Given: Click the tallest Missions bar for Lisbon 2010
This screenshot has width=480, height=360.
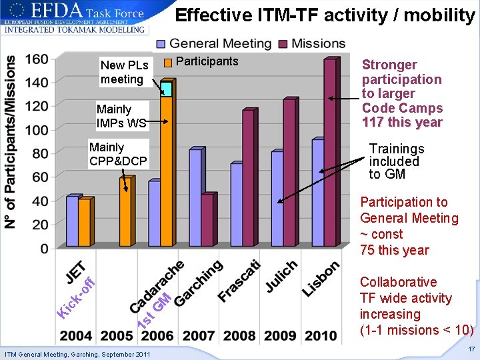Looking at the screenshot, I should [x=329, y=153].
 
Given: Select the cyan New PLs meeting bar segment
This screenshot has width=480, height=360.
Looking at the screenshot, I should [x=166, y=89].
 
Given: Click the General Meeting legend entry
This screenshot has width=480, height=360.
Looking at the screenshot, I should [x=213, y=44].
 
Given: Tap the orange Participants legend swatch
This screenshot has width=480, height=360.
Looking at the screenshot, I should [x=169, y=62].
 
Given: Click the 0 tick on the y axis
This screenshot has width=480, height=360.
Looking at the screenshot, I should [x=43, y=249].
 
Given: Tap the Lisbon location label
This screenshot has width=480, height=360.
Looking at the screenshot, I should [x=321, y=278].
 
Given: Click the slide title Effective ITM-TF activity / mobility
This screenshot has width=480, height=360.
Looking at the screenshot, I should [x=325, y=15].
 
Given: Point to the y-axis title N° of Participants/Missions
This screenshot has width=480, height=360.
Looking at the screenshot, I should [x=11, y=141].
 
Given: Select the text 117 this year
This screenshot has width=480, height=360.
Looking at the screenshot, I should [x=402, y=123].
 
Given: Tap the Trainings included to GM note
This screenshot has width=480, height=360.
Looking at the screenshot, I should [x=396, y=161].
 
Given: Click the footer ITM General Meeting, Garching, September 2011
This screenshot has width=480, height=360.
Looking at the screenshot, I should [x=77, y=353].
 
